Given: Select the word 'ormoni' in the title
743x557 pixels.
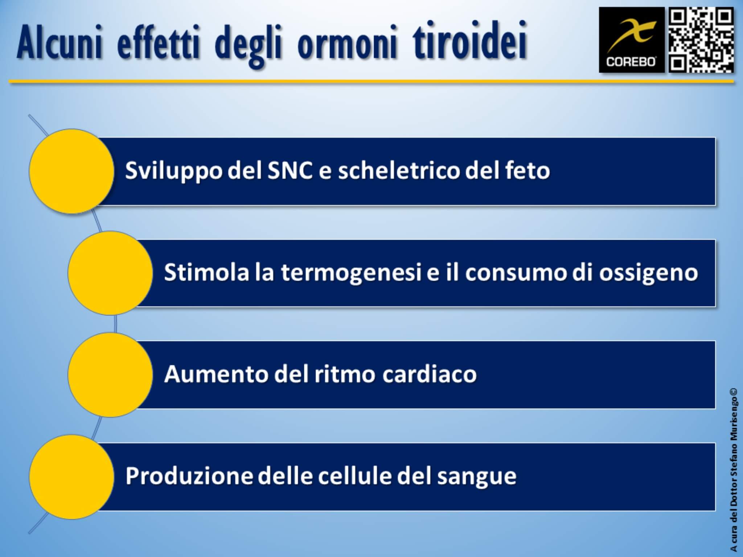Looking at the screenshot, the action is tap(347, 46).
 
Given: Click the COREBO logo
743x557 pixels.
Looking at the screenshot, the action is tap(631, 40).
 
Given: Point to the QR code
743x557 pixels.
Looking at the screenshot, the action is tap(701, 40).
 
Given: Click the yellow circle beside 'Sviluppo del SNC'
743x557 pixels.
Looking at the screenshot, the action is tap(71, 171).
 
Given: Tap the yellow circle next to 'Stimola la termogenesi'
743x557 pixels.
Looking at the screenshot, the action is tap(110, 273).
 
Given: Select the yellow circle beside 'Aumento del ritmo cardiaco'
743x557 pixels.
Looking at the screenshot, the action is tap(110, 375).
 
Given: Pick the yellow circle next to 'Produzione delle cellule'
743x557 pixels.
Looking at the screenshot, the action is tap(71, 477).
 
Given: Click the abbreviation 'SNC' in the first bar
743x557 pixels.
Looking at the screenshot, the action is tap(290, 170).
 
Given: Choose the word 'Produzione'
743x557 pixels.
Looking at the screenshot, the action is tap(189, 476).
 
